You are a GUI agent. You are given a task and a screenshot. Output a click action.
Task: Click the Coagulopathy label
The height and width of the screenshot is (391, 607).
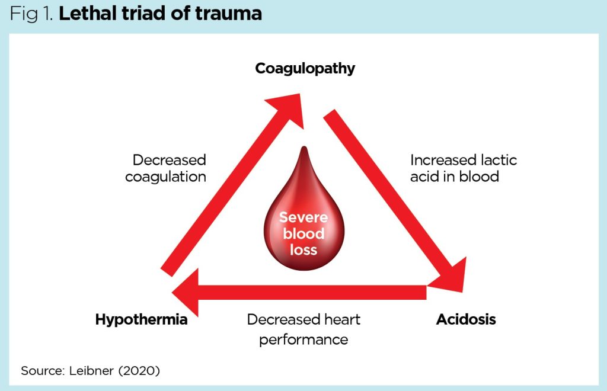(x=305, y=69)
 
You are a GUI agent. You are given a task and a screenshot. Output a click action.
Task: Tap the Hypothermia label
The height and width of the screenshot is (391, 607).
(x=141, y=320)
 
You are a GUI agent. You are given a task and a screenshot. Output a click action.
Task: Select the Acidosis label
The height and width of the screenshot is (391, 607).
(x=466, y=320)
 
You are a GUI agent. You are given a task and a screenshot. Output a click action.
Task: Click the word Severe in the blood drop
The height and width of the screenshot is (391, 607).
(x=303, y=217)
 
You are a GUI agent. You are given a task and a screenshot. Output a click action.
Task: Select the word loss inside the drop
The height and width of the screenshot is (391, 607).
(x=303, y=249)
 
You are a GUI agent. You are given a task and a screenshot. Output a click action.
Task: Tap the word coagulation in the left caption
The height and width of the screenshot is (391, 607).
(x=165, y=177)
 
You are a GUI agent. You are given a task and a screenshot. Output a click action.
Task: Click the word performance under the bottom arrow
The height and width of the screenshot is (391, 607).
(x=303, y=339)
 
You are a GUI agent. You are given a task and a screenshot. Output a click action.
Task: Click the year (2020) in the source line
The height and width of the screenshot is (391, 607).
(x=140, y=371)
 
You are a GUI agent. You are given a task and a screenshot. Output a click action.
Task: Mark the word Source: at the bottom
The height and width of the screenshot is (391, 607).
(x=43, y=371)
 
